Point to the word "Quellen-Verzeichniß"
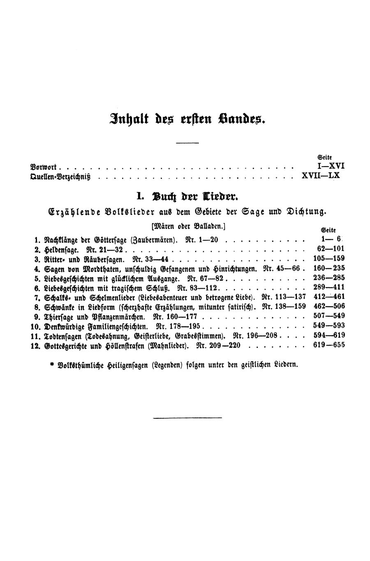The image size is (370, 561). tap(60, 177)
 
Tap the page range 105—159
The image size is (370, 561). tap(328, 258)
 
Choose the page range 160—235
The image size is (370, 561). tap(328, 268)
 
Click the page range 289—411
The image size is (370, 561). tap(328, 287)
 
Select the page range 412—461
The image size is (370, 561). tap(328, 297)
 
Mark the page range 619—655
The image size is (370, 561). tap(328, 345)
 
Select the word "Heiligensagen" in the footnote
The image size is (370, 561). tap(127, 364)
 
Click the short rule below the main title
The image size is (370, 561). tap(187, 143)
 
